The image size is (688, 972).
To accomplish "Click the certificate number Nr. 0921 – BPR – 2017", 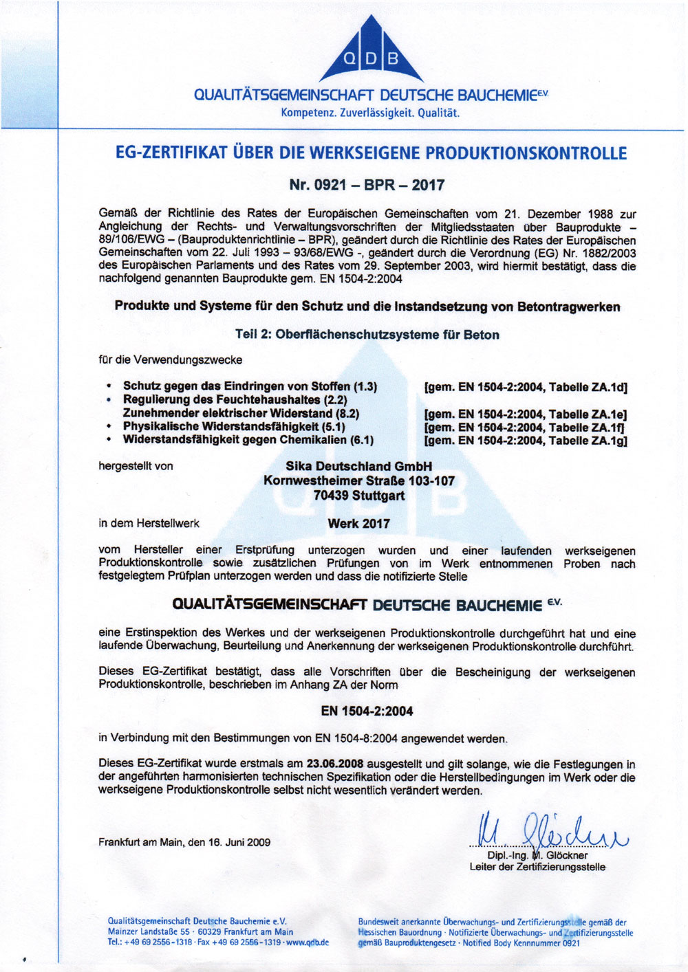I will [x=367, y=184].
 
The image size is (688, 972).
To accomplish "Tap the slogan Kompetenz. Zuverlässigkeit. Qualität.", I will [x=370, y=113].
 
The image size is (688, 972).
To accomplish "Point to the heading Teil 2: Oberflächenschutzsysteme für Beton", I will [x=367, y=335].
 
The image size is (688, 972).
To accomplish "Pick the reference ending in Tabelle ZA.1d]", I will [x=526, y=387].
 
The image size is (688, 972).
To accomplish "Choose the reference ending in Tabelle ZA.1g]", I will [x=526, y=441].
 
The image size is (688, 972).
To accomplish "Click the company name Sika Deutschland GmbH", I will [x=358, y=467].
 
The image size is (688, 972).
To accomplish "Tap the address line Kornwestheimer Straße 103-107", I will [x=358, y=481].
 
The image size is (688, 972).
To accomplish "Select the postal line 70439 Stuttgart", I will [x=358, y=496].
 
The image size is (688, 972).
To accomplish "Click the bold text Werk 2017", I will [x=358, y=524].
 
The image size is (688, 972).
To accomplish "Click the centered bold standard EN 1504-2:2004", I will [x=367, y=711].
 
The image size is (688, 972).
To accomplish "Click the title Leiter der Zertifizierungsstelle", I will [x=537, y=868].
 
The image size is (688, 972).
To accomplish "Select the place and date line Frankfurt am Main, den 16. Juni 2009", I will [x=184, y=842].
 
